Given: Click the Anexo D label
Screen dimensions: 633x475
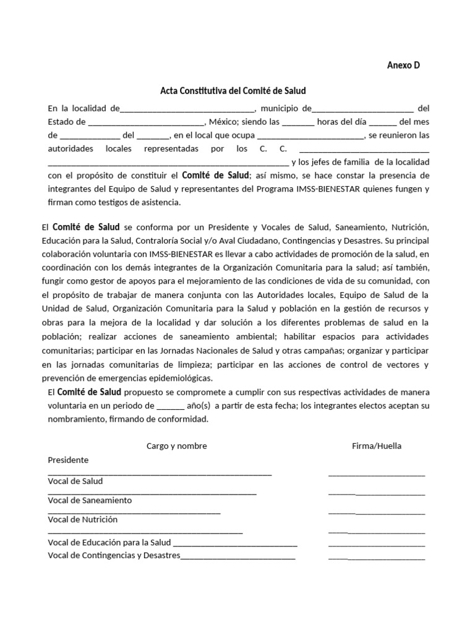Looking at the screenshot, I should pos(403,66).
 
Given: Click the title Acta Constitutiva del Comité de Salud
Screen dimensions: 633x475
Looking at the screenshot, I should pos(233,91).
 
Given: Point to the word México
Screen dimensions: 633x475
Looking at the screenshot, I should pos(221,122).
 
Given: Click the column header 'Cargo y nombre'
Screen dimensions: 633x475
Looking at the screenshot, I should pos(177,446).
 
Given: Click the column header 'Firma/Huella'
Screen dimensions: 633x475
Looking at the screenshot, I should pos(377,446).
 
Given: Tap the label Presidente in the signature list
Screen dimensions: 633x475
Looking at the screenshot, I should pos(68,460).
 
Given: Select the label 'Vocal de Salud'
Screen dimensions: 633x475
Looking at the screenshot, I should pos(75,481).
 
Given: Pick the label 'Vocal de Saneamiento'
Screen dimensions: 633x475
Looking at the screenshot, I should pos(90,500).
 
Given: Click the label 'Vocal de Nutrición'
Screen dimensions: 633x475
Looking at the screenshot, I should pos(83,520).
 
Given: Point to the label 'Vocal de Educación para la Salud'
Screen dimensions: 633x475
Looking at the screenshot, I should pos(109,542).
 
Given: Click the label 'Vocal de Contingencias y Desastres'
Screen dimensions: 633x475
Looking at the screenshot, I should pos(114,555).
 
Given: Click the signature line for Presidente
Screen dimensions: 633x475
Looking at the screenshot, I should pos(377,475).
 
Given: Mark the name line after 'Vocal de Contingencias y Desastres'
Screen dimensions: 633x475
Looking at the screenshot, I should pos(237,558).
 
